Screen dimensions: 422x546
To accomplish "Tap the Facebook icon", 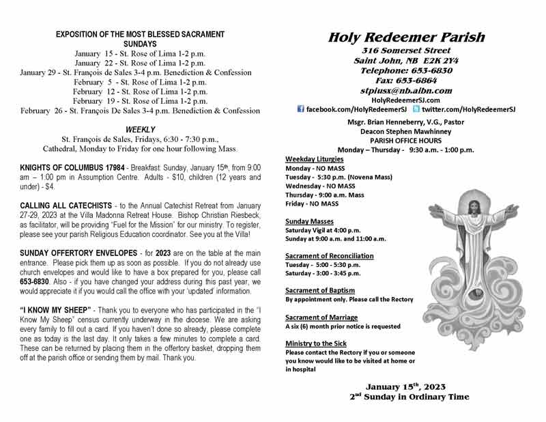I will click(301, 109).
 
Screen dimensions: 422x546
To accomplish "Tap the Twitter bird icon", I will click(416, 109).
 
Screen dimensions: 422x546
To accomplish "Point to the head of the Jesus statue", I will click(471, 204).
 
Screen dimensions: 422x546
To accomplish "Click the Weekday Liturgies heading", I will click(315, 159).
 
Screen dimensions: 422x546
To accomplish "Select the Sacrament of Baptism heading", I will click(320, 290).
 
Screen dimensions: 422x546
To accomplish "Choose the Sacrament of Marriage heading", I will click(321, 318).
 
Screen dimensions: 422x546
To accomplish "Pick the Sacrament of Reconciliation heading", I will click(330, 256).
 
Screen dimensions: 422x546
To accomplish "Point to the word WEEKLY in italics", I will click(141, 129).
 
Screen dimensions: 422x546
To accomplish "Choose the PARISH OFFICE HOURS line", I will click(405, 141).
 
